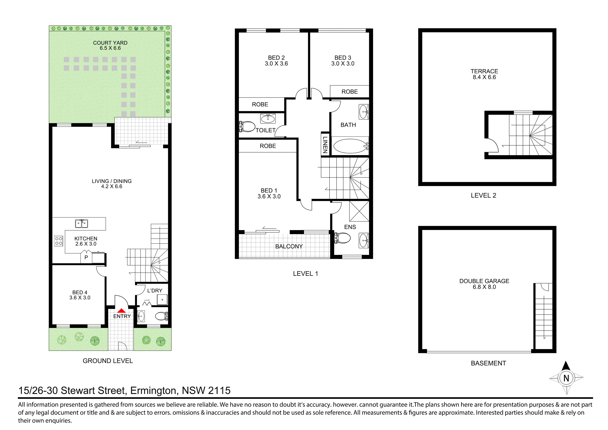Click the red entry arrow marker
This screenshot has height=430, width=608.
pos(121,311)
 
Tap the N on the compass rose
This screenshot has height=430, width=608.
pos(566,378)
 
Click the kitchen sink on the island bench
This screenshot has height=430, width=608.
pos(82,224)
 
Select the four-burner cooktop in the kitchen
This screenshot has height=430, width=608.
pos(59,241)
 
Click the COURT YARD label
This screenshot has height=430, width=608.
pos(110,43)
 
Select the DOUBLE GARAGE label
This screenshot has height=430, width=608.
pos(484,281)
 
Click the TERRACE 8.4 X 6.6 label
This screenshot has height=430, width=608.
pos(484,74)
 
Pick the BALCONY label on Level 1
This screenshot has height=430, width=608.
pos(289,246)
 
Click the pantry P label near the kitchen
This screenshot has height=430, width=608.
pos(86,257)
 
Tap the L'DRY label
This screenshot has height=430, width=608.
pos(155,290)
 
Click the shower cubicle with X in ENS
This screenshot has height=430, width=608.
pos(359,211)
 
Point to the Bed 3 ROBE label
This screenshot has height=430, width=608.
pos(350,92)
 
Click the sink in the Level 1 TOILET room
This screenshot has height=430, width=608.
pos(268,118)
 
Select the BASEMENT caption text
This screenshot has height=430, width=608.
pos(488,363)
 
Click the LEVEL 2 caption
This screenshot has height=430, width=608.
pos(483,196)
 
